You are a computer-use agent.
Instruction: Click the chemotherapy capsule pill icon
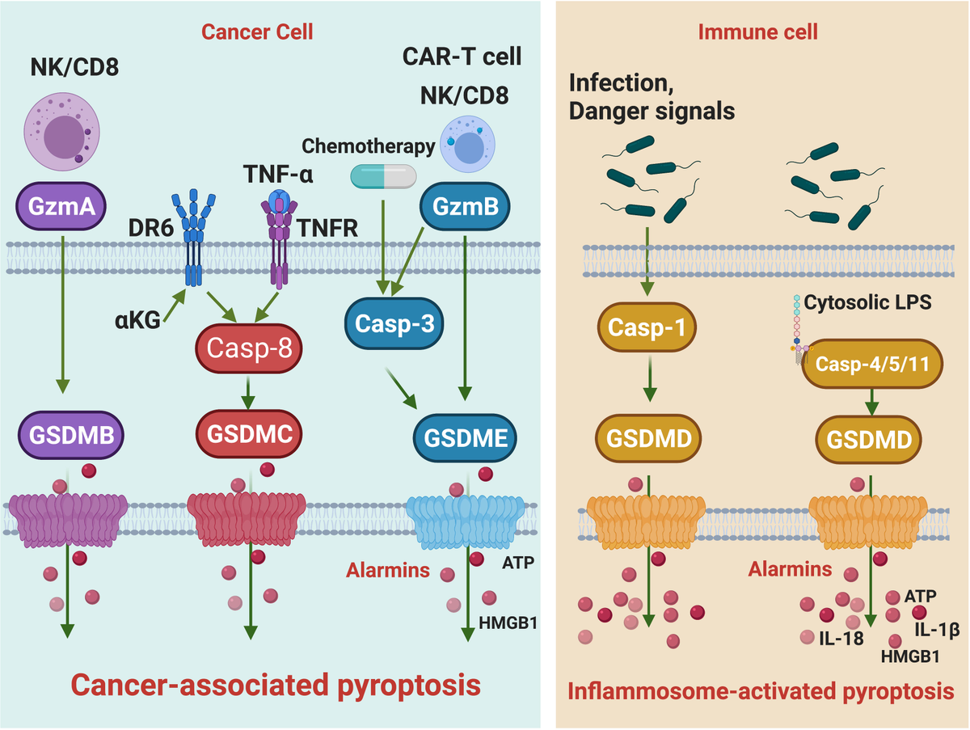(382, 175)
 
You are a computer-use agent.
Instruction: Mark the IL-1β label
(937, 628)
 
